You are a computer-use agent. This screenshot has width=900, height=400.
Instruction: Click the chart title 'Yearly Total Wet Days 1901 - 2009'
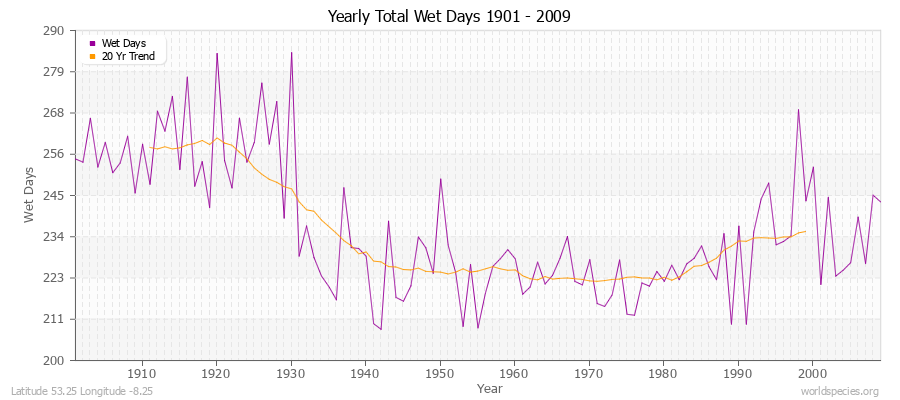450,17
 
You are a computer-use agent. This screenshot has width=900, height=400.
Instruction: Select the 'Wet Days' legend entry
123,43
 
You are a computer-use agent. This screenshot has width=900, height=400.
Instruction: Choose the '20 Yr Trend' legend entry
127,56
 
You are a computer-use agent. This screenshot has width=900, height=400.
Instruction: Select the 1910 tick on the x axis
142,372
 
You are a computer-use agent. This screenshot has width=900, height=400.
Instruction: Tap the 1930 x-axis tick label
291,372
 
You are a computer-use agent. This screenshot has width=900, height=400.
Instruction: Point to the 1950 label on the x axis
440,372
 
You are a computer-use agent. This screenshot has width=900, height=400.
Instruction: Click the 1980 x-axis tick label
663,372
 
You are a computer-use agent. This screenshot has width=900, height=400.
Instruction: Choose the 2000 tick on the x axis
812,372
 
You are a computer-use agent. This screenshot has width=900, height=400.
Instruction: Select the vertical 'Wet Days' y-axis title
31,196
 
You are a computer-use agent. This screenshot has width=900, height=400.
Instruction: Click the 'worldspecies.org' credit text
839,391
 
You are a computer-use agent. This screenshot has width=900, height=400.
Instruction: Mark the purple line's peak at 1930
291,52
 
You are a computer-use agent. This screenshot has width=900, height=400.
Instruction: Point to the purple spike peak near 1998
798,109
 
